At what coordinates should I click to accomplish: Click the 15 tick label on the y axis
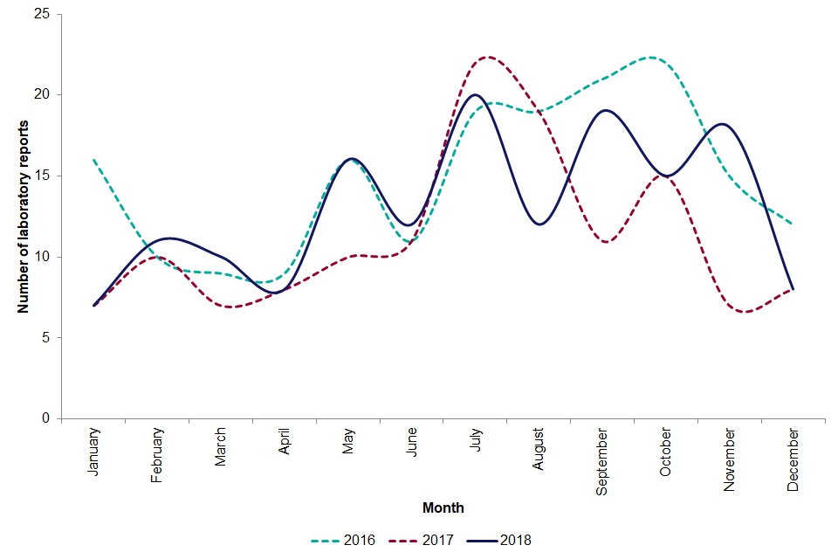[x=43, y=176]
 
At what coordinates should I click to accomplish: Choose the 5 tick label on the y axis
[x=46, y=337]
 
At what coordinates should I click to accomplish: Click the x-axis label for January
[x=93, y=450]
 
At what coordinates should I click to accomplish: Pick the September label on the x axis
[x=603, y=459]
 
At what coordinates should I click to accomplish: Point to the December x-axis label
[x=793, y=458]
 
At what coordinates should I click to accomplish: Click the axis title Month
[x=443, y=507]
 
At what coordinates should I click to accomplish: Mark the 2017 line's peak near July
[x=487, y=57]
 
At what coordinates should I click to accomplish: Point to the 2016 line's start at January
[x=93, y=160]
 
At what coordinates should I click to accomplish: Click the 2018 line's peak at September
[x=604, y=111]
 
